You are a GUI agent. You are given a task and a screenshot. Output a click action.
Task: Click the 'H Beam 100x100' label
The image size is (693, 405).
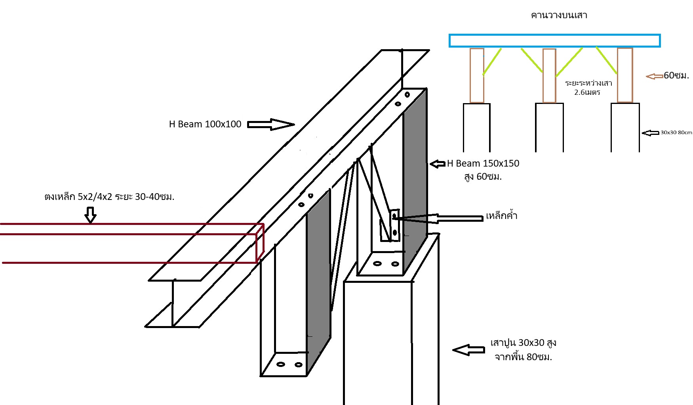click(x=205, y=124)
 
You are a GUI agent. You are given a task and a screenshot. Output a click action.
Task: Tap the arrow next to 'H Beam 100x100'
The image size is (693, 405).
click(x=271, y=125)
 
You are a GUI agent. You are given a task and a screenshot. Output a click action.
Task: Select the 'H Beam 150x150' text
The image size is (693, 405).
click(x=483, y=163)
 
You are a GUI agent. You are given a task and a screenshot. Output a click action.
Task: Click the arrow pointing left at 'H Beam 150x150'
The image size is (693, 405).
click(x=438, y=164)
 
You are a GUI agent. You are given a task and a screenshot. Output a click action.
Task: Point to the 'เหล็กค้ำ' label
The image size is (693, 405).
click(x=501, y=216)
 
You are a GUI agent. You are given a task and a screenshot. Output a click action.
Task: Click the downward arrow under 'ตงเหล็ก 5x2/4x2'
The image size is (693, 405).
click(x=91, y=214)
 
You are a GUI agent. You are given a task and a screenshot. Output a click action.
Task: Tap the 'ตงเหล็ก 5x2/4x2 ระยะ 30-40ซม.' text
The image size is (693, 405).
click(x=109, y=197)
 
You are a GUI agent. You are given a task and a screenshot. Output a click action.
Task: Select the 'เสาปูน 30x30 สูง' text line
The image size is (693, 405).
click(x=523, y=343)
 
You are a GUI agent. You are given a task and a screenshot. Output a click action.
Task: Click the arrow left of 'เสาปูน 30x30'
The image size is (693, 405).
click(x=468, y=350)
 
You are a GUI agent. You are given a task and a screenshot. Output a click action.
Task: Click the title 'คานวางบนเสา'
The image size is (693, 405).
click(x=559, y=15)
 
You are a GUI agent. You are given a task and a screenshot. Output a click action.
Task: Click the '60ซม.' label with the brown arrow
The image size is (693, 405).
click(x=676, y=75)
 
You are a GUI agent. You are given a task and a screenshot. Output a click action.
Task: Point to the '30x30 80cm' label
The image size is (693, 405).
click(x=676, y=132)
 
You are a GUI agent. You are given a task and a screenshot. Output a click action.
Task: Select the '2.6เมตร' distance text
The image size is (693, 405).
click(x=587, y=92)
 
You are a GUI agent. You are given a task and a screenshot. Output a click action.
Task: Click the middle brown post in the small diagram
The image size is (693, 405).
click(x=549, y=76)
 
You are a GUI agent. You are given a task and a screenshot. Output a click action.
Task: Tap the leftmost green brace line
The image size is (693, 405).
click(x=492, y=61)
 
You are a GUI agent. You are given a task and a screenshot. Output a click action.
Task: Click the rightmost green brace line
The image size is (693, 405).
click(x=606, y=61)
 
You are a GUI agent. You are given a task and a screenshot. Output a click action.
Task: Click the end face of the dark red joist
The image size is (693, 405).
click(x=260, y=243)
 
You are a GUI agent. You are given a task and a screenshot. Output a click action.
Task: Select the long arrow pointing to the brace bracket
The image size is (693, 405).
click(x=438, y=218)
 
